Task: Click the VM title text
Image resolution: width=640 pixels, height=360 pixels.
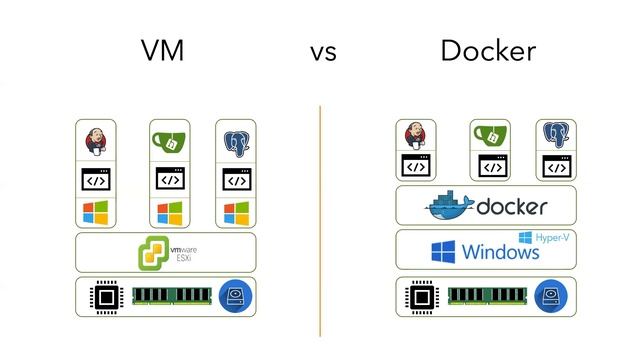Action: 162,51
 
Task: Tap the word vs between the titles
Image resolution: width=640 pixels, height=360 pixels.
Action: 322,53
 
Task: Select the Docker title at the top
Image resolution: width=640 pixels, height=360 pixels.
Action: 487,51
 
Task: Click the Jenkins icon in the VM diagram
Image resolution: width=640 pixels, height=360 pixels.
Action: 96,142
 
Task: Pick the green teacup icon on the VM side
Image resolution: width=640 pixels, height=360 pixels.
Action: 169,141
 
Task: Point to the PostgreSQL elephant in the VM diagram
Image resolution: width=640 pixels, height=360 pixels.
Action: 236,142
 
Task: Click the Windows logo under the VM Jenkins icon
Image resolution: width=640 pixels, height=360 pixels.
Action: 95,213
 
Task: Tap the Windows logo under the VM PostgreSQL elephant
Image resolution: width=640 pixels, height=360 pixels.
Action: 236,213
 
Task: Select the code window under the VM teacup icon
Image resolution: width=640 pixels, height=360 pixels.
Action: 169,180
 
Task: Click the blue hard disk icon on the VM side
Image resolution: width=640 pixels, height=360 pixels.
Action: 236,296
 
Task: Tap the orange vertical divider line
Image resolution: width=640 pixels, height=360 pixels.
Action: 320,220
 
